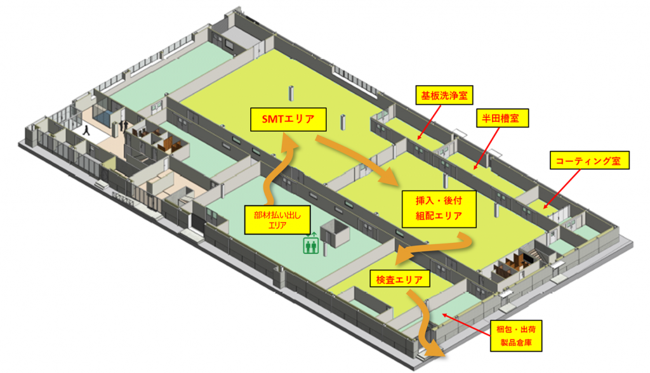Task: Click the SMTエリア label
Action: (288, 119)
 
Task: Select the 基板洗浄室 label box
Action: (444, 95)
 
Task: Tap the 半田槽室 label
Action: (503, 119)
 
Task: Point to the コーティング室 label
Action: (590, 160)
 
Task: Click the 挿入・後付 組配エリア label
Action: (439, 209)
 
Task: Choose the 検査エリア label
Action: (400, 279)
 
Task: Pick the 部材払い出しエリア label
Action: (277, 220)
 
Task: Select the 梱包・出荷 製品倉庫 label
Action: (516, 336)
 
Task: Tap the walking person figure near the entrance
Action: (86, 131)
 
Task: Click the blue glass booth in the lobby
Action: (103, 112)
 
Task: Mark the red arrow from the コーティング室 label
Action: (562, 189)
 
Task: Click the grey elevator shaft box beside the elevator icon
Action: (335, 233)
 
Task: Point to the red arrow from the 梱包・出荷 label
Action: (466, 325)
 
